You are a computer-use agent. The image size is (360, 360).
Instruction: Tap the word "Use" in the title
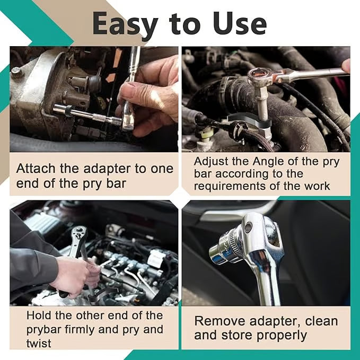click(240, 23)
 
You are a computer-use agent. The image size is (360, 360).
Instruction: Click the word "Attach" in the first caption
click(36, 169)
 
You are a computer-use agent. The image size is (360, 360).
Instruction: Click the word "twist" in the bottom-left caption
click(39, 344)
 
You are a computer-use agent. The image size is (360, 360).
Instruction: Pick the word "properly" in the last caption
click(281, 336)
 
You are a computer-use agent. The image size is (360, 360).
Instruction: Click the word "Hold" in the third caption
click(39, 315)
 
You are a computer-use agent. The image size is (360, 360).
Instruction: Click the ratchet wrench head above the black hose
click(259, 76)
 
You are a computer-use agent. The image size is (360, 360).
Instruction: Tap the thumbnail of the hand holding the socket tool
click(94, 99)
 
